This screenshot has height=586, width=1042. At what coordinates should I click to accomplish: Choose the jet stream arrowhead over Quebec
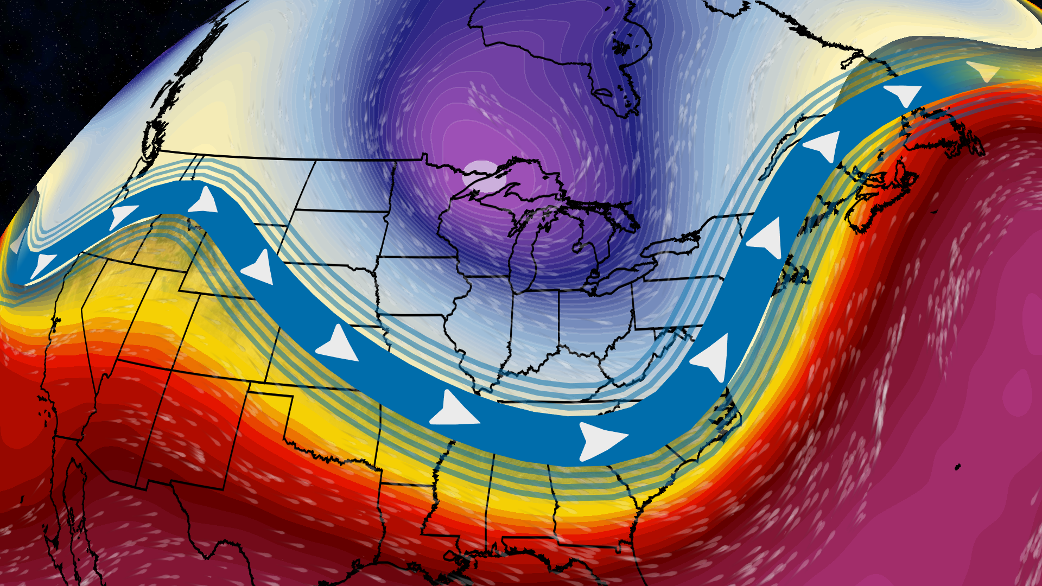click(823, 145)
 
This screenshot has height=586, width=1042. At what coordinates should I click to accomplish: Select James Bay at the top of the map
click(613, 81)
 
